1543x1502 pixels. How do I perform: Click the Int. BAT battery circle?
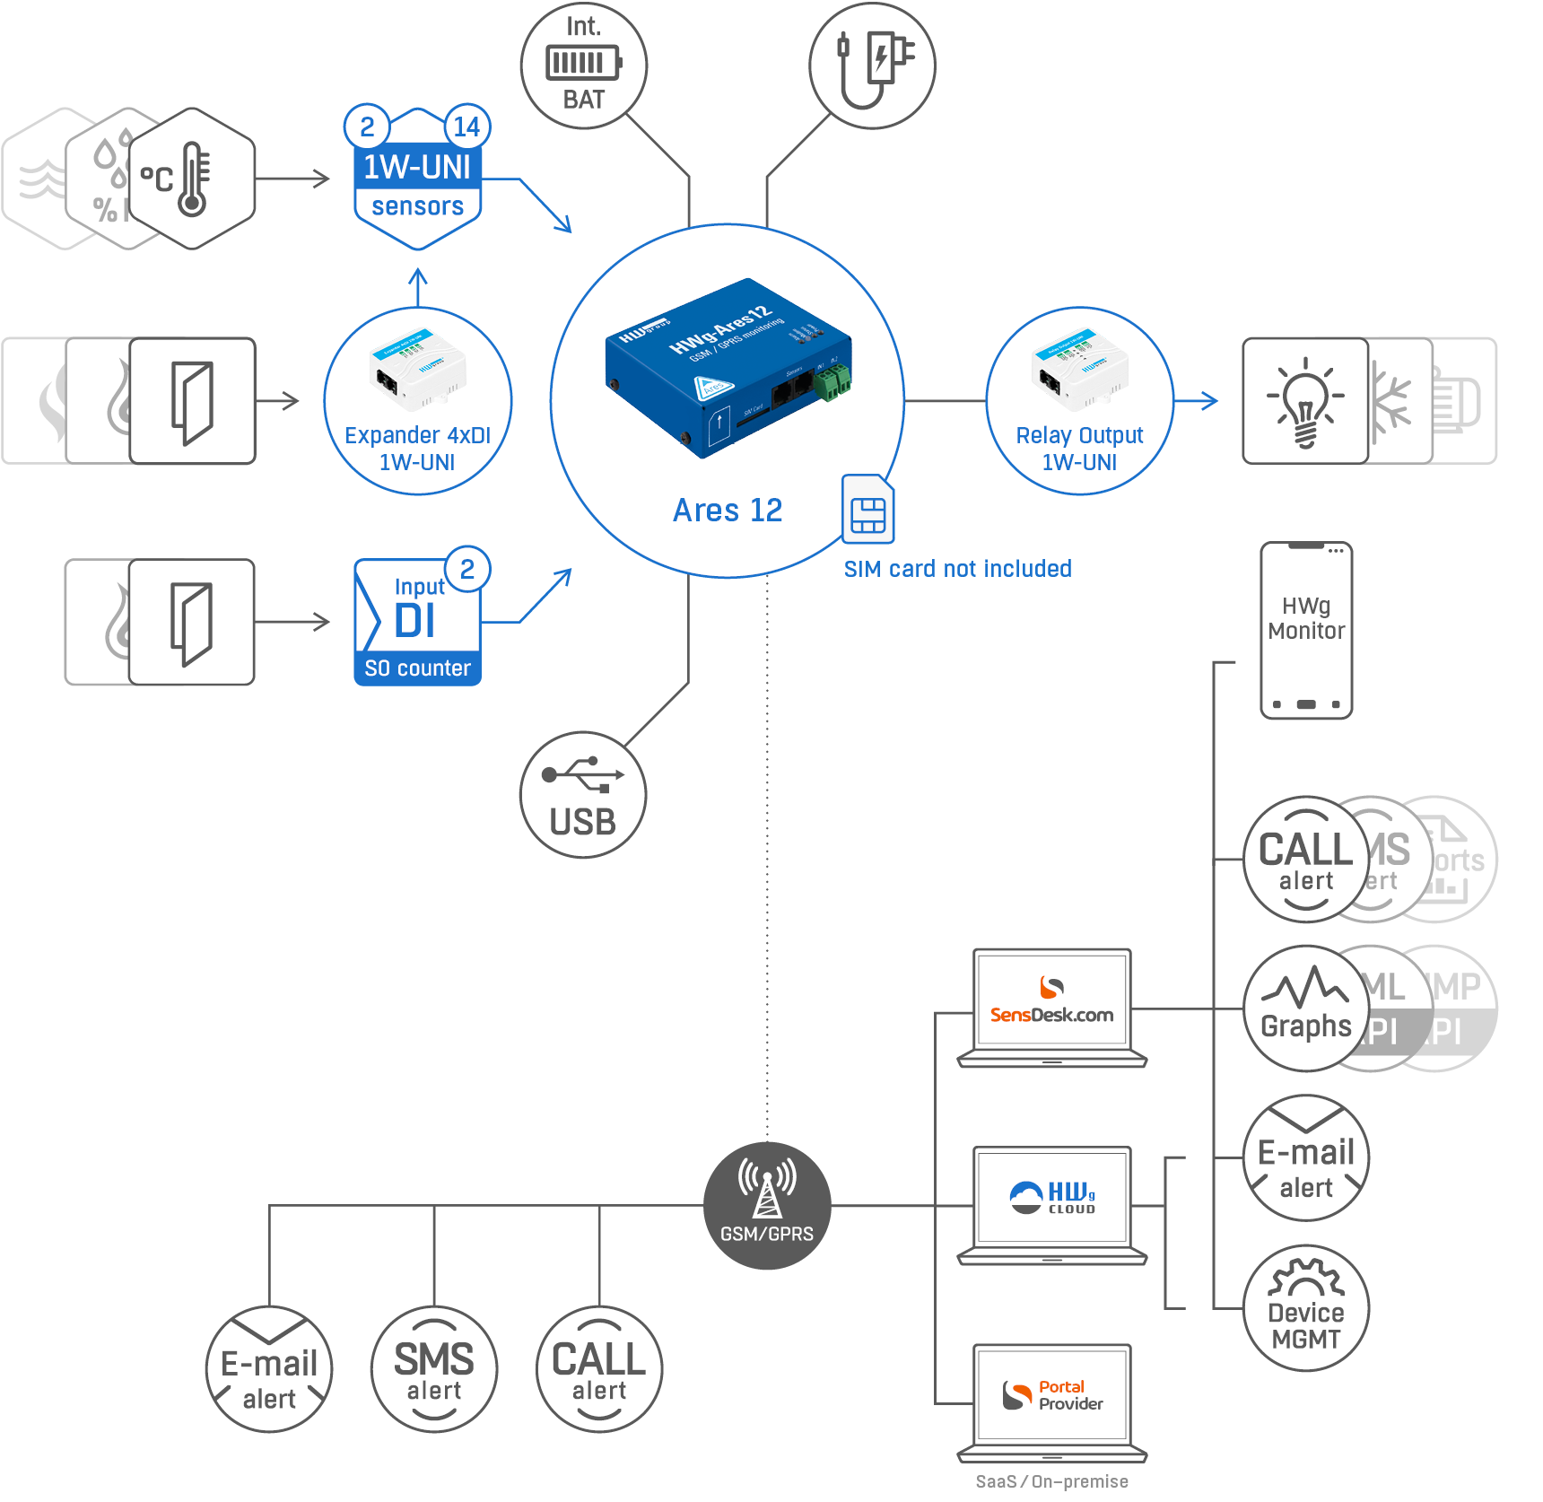coord(583,65)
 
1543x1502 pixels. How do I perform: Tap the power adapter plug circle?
coord(872,65)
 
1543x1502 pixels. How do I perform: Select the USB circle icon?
coord(583,795)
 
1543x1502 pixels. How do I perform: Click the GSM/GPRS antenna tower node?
coord(767,1205)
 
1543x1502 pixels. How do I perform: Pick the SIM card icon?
coord(867,510)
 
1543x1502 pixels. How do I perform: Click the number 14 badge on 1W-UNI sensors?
coord(466,127)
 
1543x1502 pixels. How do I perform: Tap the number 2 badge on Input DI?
coord(467,569)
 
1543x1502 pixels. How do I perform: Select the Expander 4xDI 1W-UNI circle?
coord(418,401)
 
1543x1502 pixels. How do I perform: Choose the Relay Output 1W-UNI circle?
coord(1079,401)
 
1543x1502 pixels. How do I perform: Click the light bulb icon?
coord(1305,401)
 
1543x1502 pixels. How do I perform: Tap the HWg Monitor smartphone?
coord(1306,630)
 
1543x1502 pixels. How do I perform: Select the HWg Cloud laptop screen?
coord(1051,1197)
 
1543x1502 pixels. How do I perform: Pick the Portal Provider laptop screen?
coord(1051,1394)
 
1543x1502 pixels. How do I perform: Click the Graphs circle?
coord(1305,1009)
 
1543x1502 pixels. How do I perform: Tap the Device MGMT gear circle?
coord(1306,1307)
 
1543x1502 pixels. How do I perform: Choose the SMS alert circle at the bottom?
coord(434,1369)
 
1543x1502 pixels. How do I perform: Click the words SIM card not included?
coord(957,569)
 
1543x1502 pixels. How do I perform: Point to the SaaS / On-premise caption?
coord(1051,1481)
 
